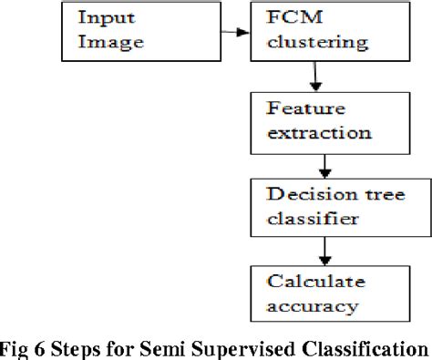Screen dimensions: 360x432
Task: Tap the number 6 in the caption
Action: pyautogui.click(x=41, y=346)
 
